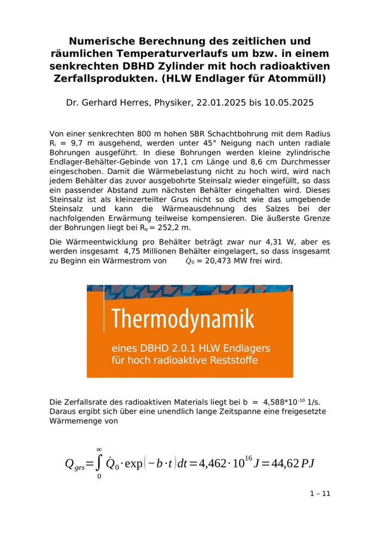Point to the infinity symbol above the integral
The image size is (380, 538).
coord(99,449)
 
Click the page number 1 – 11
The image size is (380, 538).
coord(320,493)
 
